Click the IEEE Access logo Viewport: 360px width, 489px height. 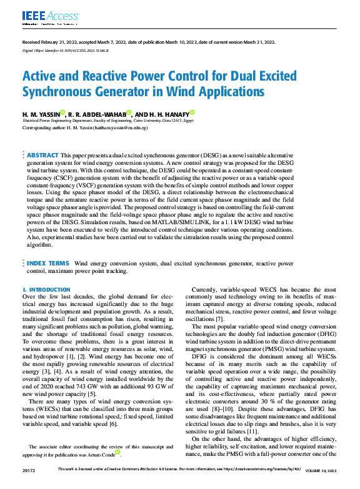43,16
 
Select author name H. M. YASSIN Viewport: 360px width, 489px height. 41,114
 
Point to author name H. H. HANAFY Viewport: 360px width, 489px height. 169,114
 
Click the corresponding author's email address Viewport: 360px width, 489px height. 124,127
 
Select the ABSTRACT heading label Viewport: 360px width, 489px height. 42,154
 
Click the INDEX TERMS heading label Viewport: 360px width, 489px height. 48,264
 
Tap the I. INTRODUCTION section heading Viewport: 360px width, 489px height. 46,290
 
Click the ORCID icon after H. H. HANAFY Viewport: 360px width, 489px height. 192,112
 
